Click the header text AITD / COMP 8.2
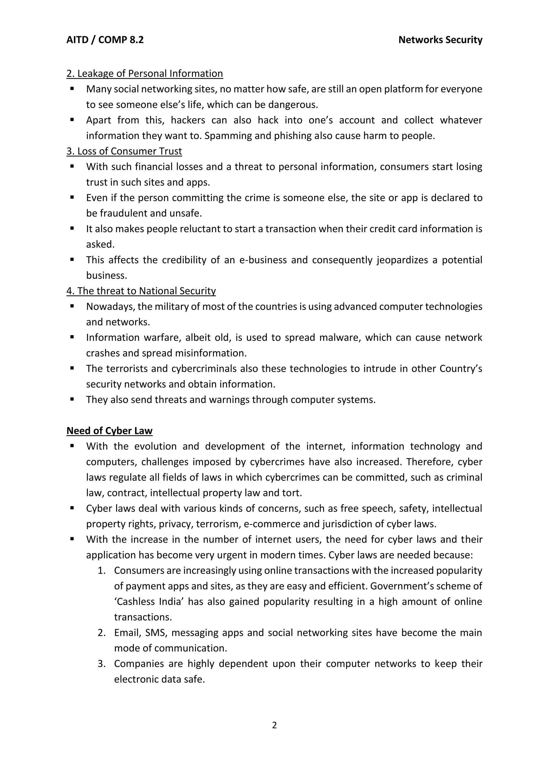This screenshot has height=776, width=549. tap(105, 40)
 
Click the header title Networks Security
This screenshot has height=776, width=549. tap(440, 40)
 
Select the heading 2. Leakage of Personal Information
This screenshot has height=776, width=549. tap(145, 74)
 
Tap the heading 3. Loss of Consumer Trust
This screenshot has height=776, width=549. tap(124, 151)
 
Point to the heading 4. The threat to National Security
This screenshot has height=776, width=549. tap(141, 291)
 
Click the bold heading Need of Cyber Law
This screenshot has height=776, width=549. tap(109, 431)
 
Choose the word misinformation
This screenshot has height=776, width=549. tap(211, 353)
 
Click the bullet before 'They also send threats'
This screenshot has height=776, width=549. tap(72, 399)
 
